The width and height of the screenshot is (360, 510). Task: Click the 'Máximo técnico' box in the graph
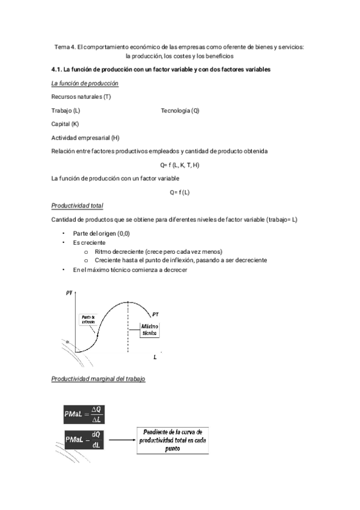(149, 329)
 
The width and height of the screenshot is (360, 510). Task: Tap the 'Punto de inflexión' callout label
(89, 319)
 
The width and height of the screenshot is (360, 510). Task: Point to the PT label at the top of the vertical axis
(70, 293)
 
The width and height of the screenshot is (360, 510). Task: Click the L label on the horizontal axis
(155, 357)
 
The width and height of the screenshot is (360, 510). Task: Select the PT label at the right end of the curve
(156, 314)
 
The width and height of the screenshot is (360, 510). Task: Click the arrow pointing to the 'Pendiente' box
(123, 440)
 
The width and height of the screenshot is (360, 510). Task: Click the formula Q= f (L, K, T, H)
(180, 165)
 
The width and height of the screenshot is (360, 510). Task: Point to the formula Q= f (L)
(180, 192)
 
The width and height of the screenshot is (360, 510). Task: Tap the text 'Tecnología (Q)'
(180, 111)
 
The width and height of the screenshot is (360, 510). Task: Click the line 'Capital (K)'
(66, 124)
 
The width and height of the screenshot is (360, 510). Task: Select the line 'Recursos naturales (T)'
(81, 97)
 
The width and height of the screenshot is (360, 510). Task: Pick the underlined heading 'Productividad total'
(78, 205)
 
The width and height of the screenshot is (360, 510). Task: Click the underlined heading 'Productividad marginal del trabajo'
(98, 380)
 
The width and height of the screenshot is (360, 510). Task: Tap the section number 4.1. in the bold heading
(58, 70)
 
